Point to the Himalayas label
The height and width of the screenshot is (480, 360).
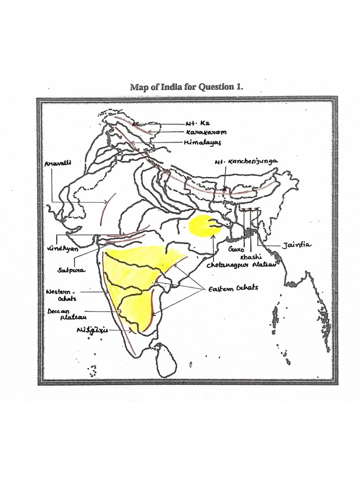click(202, 142)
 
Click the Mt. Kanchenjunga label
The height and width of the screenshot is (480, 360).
click(246, 161)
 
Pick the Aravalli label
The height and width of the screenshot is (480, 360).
click(56, 164)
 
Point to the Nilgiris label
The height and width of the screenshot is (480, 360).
click(92, 330)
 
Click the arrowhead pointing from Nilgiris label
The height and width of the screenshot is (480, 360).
click(131, 330)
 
